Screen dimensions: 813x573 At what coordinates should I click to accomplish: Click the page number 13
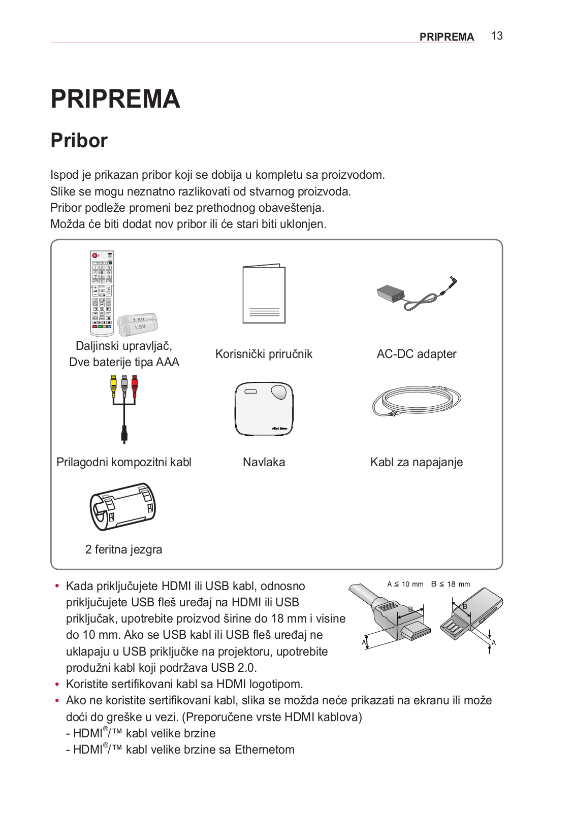[496, 36]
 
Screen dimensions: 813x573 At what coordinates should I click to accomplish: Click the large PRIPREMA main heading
[115, 99]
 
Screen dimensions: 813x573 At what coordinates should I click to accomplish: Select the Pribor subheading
[79, 141]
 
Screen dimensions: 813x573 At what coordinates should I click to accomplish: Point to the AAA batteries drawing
[138, 324]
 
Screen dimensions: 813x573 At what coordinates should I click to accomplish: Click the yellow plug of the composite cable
[113, 382]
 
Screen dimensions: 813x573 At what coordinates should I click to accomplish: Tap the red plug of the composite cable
[135, 382]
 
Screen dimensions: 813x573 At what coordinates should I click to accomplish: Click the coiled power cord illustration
[417, 400]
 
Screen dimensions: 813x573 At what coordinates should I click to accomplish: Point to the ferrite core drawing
[122, 506]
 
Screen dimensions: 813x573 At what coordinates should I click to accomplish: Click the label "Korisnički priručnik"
[264, 354]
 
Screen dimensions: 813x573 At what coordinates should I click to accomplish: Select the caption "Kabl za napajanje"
[417, 462]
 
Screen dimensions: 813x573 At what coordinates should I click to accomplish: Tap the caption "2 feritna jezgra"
[123, 549]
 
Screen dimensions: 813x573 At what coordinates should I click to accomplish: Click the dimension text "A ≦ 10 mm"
[405, 584]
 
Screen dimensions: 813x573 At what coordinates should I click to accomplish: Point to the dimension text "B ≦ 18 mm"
[451, 584]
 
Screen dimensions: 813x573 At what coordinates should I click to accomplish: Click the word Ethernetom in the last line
[264, 750]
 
